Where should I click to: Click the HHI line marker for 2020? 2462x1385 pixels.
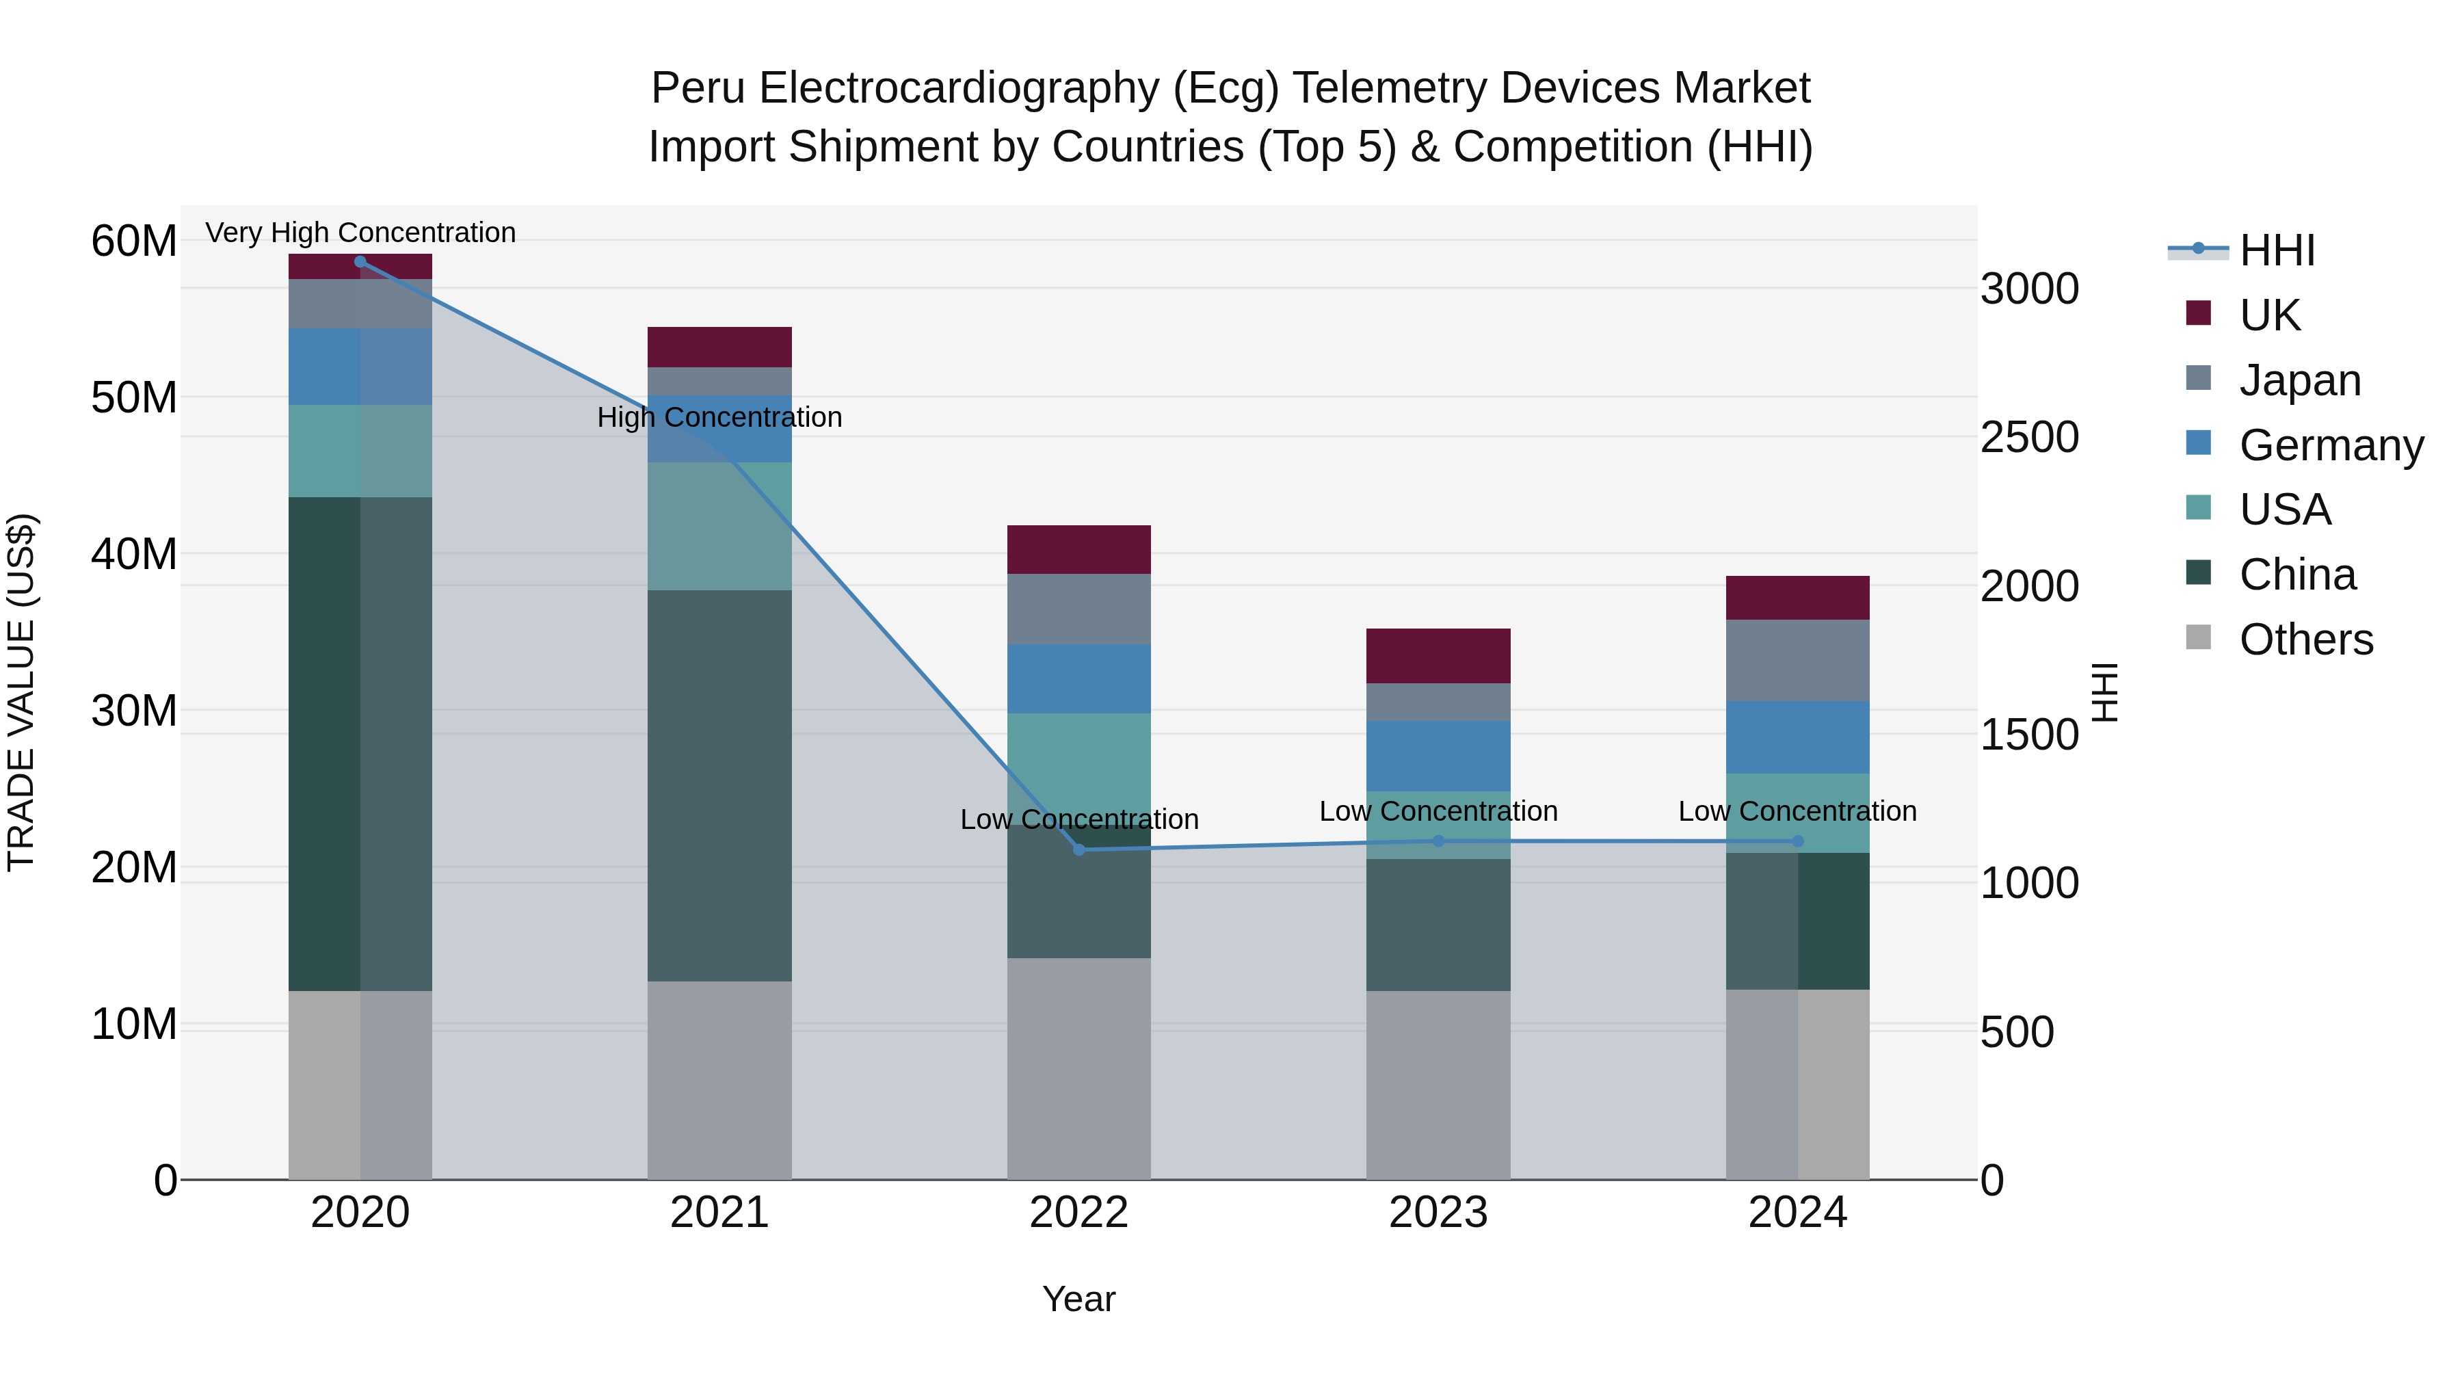click(360, 262)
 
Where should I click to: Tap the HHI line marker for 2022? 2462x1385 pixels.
click(1079, 849)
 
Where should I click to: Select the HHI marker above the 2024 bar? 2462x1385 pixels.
click(1798, 841)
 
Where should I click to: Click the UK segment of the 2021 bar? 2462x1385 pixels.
click(719, 347)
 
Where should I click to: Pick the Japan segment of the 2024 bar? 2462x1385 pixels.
click(1798, 661)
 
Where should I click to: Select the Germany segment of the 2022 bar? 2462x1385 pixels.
click(1079, 678)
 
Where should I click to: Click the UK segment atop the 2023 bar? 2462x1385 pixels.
click(1438, 656)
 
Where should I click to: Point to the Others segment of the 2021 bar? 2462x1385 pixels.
click(719, 1080)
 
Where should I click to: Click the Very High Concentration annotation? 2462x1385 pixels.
click(360, 233)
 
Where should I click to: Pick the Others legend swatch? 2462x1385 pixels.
click(2198, 637)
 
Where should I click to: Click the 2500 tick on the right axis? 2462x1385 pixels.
click(2029, 438)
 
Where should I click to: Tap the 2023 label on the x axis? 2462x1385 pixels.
click(1438, 1213)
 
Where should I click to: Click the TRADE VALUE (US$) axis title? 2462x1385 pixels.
click(21, 692)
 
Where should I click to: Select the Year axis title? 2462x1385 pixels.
click(1079, 1299)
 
